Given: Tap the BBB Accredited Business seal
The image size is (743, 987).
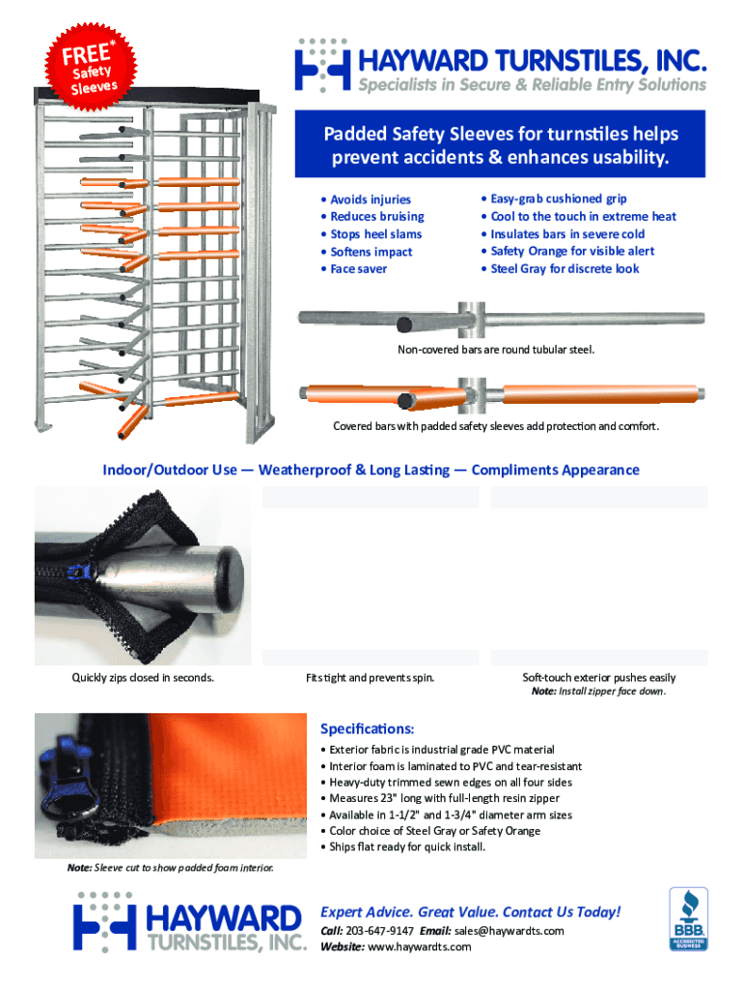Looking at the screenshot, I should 688,919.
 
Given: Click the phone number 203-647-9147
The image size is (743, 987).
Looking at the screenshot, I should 381,931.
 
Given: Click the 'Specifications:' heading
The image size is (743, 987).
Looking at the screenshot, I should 367,729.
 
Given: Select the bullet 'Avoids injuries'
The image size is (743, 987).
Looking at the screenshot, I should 371,200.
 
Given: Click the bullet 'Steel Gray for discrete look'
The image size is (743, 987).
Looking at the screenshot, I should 564,269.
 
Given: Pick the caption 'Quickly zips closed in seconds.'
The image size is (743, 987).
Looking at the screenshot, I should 144,678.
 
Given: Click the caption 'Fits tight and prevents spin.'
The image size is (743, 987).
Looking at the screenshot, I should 371,678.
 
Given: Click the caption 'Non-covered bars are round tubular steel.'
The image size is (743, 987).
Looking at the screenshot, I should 496,349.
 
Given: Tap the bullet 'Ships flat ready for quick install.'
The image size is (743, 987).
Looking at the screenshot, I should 407,847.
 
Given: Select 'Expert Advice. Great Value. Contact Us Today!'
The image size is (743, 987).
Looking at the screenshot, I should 471,912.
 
